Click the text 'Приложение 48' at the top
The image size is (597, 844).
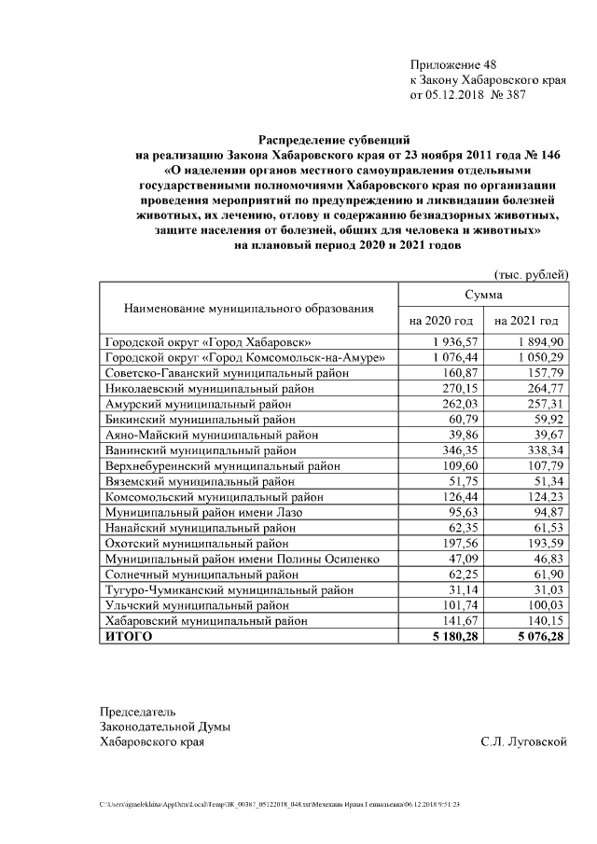click(x=453, y=64)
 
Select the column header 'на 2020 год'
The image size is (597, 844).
click(x=441, y=320)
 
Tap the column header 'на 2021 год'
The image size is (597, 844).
click(x=527, y=320)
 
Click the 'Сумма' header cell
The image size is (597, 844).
click(x=484, y=294)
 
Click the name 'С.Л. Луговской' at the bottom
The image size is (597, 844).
click(x=524, y=741)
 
